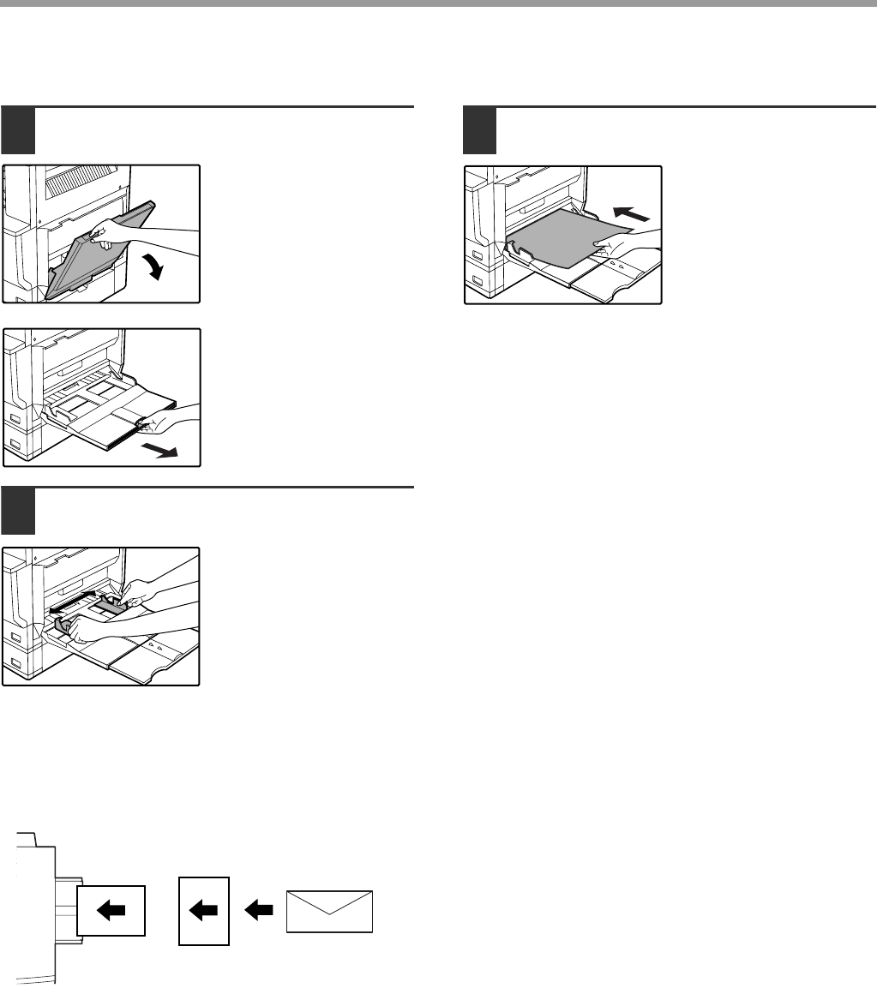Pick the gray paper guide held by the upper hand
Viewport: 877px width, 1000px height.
click(x=109, y=606)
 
